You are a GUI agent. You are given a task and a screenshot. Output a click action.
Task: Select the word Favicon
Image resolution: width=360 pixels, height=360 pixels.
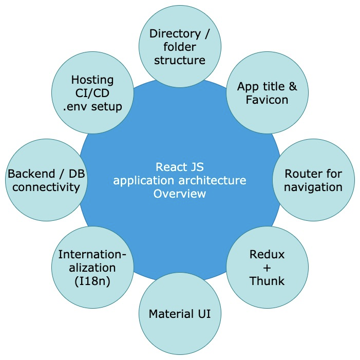(267, 100)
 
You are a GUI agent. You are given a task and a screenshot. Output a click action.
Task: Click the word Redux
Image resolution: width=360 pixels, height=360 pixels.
(267, 254)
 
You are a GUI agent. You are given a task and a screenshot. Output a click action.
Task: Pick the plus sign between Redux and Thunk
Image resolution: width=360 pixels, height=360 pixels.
(267, 268)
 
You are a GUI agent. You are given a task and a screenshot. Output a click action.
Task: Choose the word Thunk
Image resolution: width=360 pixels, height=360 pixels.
(267, 281)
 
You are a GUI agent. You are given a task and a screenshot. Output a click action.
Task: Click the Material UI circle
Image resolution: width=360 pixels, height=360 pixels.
(179, 313)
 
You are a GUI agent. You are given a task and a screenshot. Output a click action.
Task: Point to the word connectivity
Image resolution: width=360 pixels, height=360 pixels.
(46, 186)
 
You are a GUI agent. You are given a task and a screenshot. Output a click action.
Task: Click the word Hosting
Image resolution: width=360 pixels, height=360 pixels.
(92, 80)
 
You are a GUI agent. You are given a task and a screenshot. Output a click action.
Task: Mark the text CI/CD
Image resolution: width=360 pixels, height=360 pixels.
(92, 93)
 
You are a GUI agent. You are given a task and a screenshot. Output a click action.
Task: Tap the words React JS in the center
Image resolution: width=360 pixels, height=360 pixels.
(180, 167)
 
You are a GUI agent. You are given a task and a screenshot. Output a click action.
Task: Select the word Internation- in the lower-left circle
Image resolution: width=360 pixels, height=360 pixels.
(92, 254)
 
